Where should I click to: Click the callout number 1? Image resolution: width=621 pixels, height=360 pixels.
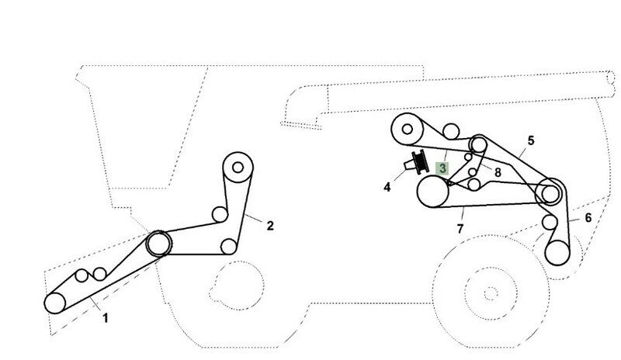tap(106, 318)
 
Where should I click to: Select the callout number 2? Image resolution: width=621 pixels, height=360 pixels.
tap(270, 226)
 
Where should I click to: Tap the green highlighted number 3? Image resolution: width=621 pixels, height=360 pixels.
tap(442, 168)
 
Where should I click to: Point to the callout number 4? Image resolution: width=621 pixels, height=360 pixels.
tap(387, 187)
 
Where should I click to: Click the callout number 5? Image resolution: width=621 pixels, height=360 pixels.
tap(531, 140)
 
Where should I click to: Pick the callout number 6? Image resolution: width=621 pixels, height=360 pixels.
tap(588, 217)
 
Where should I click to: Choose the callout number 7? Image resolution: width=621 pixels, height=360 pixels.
tap(460, 229)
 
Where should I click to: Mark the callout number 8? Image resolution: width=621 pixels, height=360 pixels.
tap(498, 172)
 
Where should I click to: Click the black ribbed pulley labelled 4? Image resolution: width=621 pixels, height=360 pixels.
tap(420, 162)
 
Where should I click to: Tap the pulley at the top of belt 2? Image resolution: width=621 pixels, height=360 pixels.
tap(238, 167)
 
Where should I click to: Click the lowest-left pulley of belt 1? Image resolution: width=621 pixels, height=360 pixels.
tap(54, 303)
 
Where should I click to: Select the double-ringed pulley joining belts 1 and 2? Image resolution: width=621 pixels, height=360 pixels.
tap(159, 243)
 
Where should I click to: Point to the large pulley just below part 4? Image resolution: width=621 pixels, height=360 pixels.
tap(433, 192)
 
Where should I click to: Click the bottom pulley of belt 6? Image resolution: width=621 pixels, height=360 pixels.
tap(557, 253)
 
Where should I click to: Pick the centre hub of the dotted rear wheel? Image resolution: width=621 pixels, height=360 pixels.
tap(491, 293)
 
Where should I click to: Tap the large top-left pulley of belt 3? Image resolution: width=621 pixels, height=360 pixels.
tap(408, 129)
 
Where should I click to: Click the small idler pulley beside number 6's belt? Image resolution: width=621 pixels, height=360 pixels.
tap(550, 222)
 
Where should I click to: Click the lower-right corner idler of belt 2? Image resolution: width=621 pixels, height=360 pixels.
tap(228, 247)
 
